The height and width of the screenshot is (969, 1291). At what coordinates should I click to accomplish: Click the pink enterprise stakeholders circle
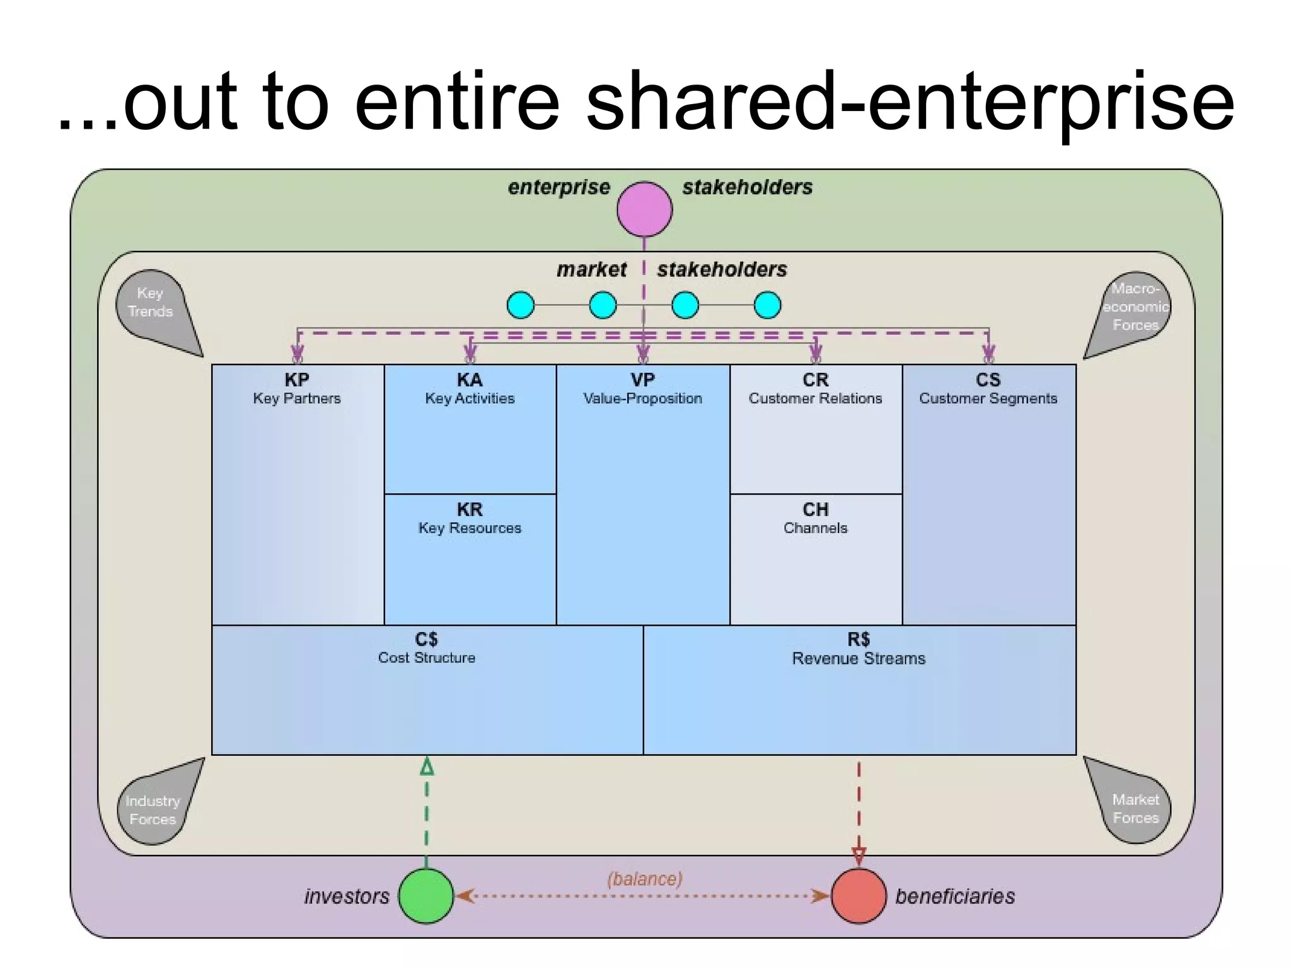644,209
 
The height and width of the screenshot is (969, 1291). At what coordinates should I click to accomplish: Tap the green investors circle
426,896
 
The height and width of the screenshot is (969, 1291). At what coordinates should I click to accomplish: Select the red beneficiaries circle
859,896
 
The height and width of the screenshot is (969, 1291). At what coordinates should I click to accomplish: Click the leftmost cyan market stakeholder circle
521,305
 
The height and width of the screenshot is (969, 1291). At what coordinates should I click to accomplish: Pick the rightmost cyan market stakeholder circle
767,305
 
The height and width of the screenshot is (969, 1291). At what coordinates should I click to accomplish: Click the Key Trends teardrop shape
154,307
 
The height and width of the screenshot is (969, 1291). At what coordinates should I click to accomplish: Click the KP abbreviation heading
297,380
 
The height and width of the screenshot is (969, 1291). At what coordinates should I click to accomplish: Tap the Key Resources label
470,528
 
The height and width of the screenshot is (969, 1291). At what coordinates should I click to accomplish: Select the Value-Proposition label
642,399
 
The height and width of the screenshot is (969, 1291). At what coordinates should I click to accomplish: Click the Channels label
815,528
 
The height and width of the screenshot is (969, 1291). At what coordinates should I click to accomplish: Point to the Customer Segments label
988,399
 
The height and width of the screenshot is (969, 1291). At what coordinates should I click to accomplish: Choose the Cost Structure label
427,657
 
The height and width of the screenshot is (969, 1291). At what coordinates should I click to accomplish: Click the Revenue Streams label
859,659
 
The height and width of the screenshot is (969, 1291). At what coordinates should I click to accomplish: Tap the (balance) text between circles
644,879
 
